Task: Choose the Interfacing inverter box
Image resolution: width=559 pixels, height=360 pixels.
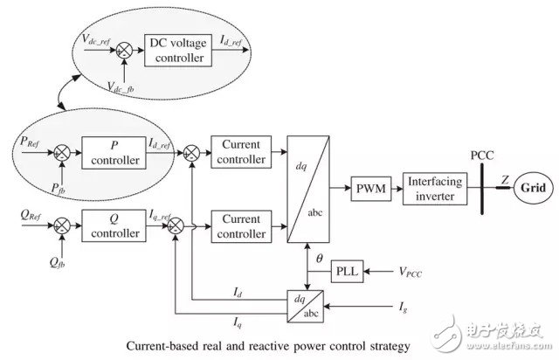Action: pos(435,186)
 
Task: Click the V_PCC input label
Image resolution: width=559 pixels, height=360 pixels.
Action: pos(418,273)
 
